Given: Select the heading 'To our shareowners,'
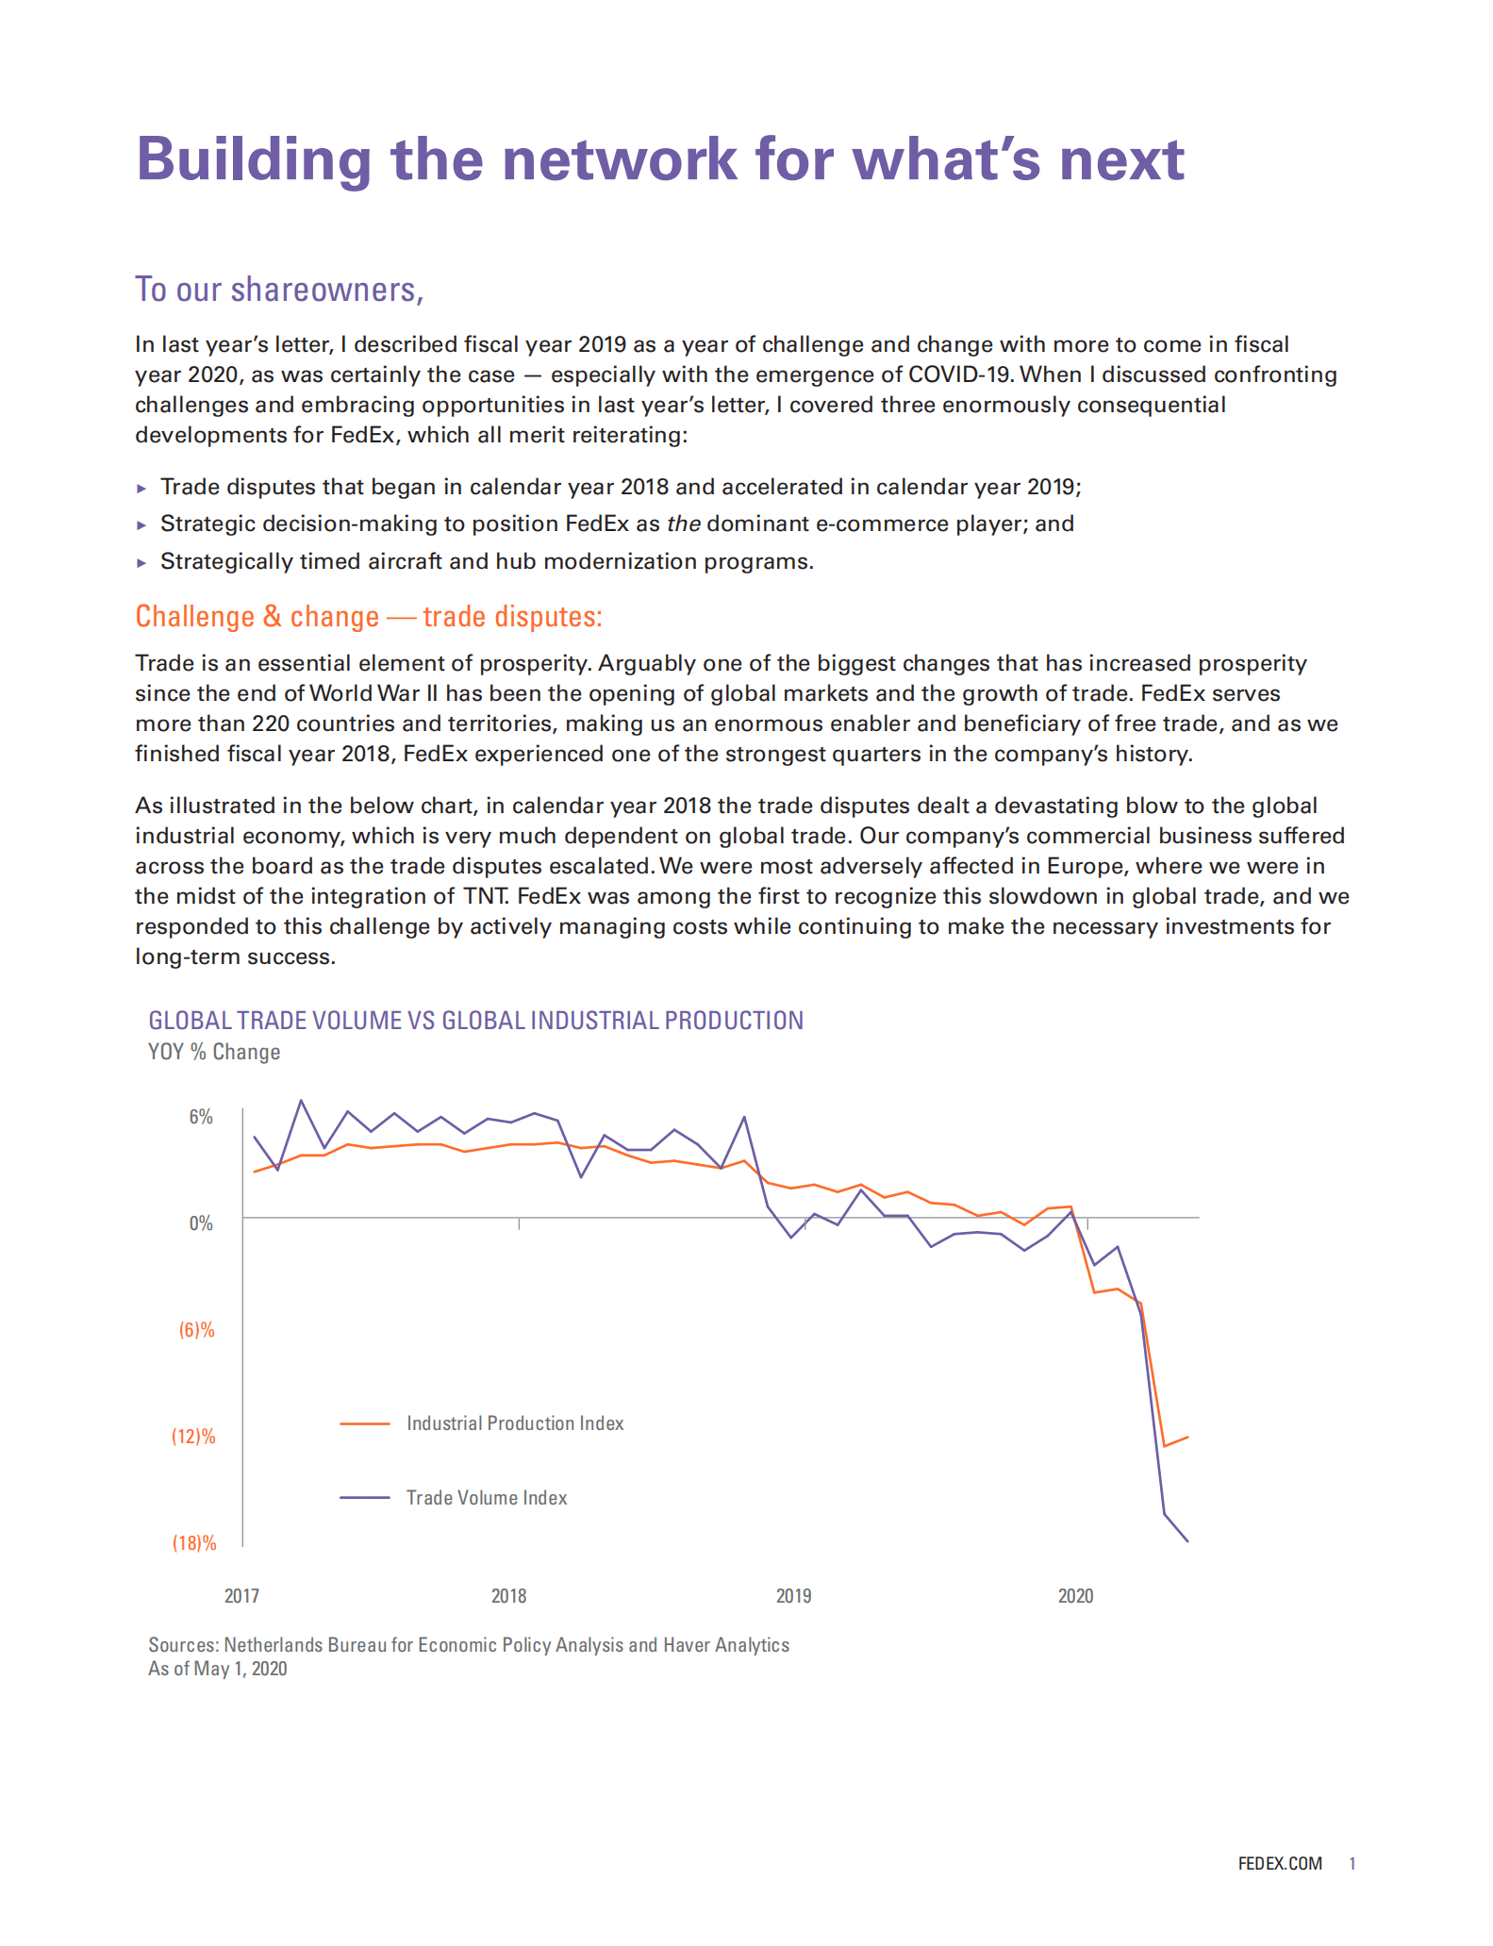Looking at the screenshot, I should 279,290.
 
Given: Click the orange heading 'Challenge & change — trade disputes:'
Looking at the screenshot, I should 368,616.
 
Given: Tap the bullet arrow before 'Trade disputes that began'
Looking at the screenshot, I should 141,489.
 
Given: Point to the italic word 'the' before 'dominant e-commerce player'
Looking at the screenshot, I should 683,524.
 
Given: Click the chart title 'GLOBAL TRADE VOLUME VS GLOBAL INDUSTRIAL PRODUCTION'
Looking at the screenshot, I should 475,1021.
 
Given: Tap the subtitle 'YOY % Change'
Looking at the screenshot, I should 214,1052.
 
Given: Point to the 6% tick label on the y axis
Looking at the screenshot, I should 201,1117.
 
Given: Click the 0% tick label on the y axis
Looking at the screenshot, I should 201,1223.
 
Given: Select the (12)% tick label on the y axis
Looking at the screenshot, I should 193,1437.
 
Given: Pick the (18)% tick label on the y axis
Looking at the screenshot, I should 193,1543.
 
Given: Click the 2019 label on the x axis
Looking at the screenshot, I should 793,1596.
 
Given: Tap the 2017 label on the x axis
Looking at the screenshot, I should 241,1596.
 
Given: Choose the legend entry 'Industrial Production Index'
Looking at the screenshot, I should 515,1423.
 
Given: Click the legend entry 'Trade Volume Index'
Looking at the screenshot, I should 487,1498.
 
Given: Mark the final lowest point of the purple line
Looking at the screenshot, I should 1187,1541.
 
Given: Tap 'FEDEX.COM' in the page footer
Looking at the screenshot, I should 1280,1864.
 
